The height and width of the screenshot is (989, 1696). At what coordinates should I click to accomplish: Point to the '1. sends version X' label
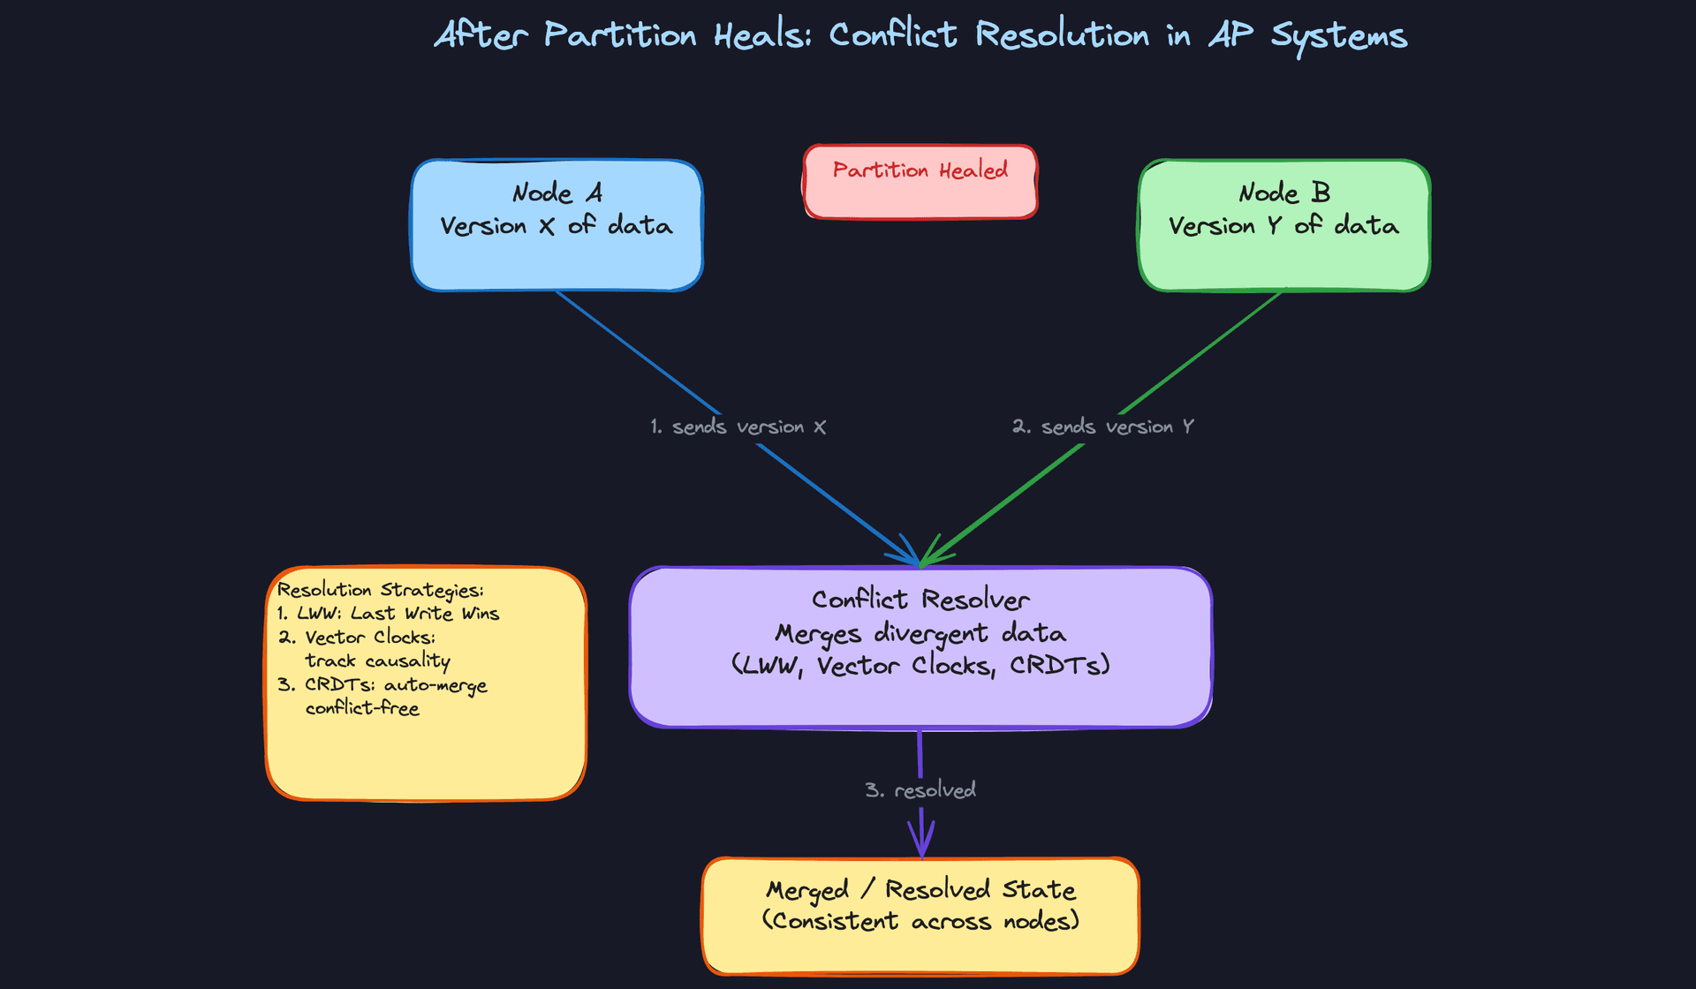738,427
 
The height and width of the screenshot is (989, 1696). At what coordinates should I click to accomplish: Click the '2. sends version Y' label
1103,427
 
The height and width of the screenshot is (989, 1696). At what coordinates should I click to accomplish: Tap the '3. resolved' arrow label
920,790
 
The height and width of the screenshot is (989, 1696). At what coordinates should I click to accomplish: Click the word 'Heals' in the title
762,35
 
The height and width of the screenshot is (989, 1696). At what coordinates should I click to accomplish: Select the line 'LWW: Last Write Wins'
389,614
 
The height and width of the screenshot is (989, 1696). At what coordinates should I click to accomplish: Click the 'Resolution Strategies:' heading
381,590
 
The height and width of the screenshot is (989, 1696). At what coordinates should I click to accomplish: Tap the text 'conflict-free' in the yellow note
362,708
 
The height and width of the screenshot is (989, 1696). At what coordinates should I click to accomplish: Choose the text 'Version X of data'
556,226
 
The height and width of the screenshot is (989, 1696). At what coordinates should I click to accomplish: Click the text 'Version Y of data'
1283,226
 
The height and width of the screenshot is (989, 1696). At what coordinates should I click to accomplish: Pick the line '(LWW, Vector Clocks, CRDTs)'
920,665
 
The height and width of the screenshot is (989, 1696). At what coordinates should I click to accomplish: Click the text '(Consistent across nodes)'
920,921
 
